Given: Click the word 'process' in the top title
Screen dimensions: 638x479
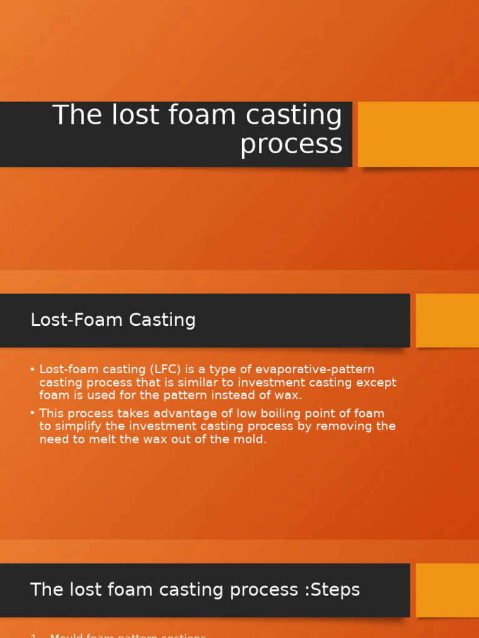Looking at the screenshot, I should point(291,145).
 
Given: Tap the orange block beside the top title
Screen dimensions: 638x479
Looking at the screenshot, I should point(418,134).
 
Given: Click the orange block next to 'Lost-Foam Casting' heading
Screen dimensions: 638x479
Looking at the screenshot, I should point(447,320).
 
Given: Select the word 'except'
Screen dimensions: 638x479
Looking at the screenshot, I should point(374,383).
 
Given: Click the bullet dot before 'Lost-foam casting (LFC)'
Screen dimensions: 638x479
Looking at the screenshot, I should point(32,369).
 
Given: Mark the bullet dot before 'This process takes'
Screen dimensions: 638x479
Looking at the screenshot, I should point(32,413).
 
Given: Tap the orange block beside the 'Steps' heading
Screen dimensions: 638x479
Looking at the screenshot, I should point(447,590).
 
